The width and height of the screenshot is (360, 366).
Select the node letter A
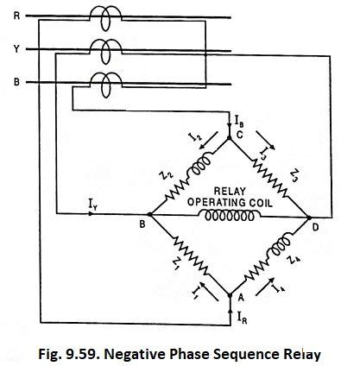pos(239,296)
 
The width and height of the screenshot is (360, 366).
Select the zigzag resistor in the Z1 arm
pos(184,256)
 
